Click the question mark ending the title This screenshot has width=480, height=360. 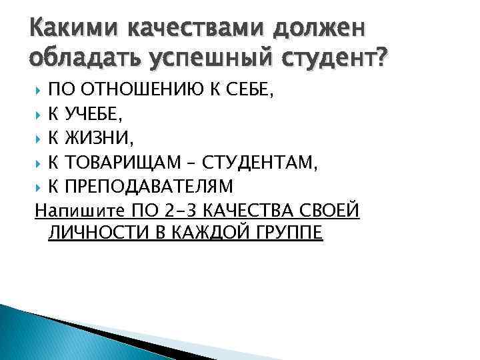pyautogui.click(x=381, y=61)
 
